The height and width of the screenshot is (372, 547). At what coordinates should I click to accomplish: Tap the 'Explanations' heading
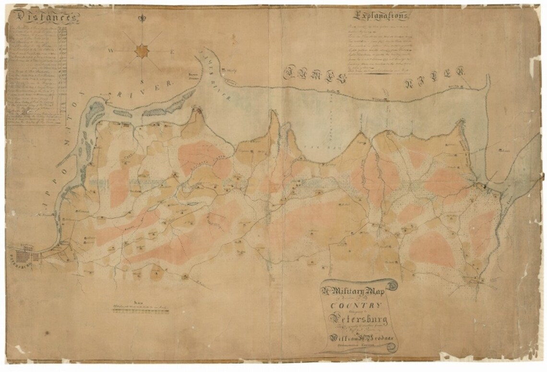pyautogui.click(x=381, y=16)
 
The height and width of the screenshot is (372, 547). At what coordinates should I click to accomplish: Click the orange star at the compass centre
pyautogui.click(x=142, y=49)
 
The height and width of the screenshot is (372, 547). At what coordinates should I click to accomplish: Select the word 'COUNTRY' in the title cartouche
pyautogui.click(x=356, y=306)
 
